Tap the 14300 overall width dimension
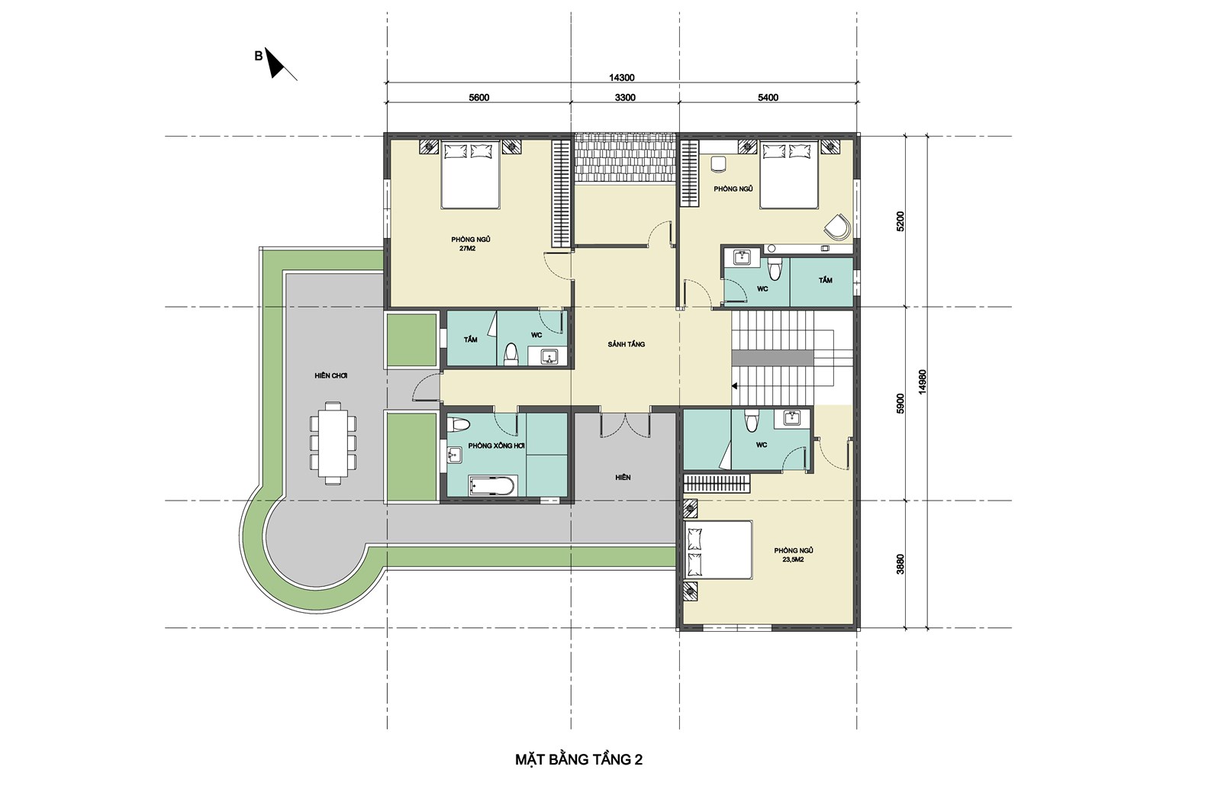(621, 78)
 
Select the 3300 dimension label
(625, 98)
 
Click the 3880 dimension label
(900, 564)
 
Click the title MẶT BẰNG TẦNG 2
(579, 759)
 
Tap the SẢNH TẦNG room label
(627, 344)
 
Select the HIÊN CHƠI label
(331, 376)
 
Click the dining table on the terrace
(333, 443)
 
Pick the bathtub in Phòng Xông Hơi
(491, 485)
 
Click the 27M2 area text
(468, 249)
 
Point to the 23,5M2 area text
(794, 559)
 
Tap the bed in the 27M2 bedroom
(470, 175)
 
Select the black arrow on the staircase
(735, 386)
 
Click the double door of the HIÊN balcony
(625, 424)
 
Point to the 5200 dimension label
(900, 221)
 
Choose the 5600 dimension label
(479, 98)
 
